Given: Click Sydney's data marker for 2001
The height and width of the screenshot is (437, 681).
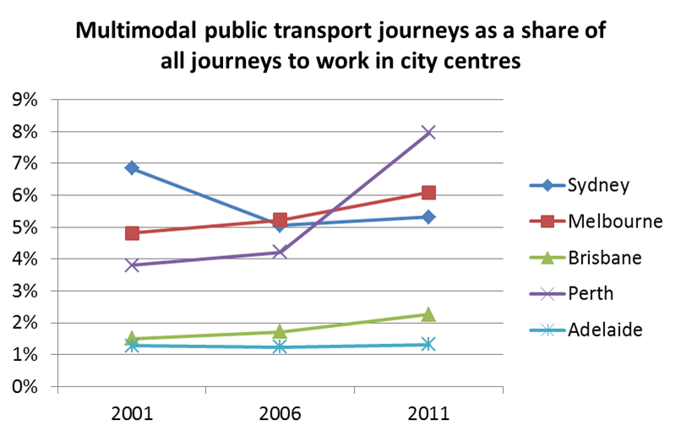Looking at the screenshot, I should point(132,168).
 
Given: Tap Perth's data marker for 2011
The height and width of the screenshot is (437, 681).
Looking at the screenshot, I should point(428,132).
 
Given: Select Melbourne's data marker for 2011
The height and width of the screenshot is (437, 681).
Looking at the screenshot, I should point(428,193).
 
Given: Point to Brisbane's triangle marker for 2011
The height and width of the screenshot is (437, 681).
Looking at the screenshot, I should point(428,314).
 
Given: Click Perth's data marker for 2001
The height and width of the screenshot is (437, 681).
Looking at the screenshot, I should point(132,265).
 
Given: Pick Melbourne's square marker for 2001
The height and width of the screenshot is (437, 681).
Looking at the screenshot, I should point(132,233).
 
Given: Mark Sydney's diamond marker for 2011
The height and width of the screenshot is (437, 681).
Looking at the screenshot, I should point(428,217).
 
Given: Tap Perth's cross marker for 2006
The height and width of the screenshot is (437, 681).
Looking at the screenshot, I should point(281,252).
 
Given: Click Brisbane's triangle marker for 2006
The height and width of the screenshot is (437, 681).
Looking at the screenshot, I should point(281,331).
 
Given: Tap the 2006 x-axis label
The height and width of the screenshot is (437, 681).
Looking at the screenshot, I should point(281,414).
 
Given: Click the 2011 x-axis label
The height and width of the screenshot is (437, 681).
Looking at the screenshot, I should point(428,414).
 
